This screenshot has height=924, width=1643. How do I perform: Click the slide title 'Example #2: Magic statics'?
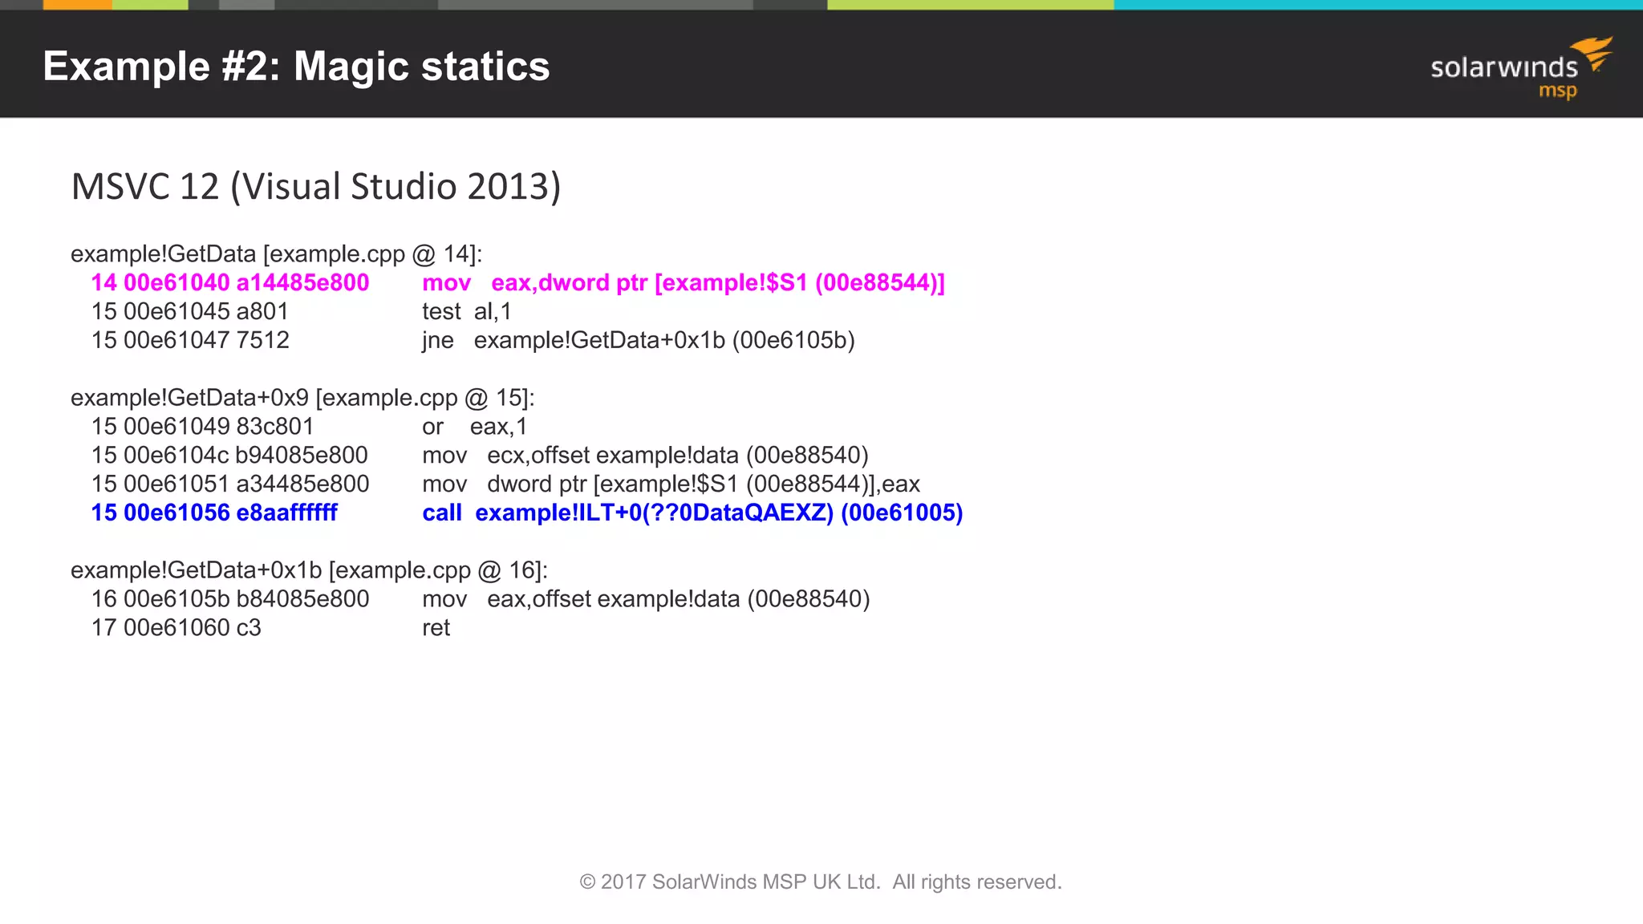296,67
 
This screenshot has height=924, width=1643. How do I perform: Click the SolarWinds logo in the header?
1520,69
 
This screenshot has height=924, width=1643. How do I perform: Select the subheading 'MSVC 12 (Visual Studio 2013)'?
316,187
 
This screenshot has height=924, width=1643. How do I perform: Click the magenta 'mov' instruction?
446,283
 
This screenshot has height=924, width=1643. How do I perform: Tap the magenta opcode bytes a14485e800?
302,283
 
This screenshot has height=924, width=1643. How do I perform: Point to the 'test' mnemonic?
441,312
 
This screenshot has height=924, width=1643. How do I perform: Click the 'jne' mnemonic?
437,341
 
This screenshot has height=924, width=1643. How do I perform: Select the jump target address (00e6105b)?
793,341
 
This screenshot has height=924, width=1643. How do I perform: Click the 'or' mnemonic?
432,427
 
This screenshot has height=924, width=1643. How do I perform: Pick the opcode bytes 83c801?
274,427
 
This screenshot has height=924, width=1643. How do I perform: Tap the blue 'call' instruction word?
442,513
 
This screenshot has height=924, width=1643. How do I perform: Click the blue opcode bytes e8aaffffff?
286,513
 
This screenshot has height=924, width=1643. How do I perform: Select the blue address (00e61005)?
902,513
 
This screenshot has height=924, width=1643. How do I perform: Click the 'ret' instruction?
436,628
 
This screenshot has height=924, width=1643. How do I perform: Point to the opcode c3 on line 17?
249,628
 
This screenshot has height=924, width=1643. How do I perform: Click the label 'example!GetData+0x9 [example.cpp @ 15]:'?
302,398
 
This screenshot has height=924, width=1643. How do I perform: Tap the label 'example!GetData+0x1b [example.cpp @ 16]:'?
309,570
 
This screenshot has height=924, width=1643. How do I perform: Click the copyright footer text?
821,882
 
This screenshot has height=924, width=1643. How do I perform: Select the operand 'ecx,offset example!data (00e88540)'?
678,456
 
